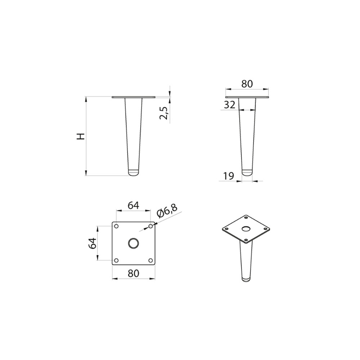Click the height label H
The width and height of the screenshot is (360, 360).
[x=81, y=136]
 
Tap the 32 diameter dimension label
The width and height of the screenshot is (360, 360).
[x=230, y=105]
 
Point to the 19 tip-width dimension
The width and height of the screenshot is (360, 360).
[x=229, y=176]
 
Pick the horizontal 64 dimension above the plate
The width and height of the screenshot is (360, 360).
[x=134, y=205]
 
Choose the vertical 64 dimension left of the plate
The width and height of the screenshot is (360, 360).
[x=93, y=243]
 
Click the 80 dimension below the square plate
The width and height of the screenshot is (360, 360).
[x=134, y=273]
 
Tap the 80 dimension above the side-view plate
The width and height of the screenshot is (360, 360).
[x=247, y=84]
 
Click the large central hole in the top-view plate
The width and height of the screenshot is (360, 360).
[x=134, y=243]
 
